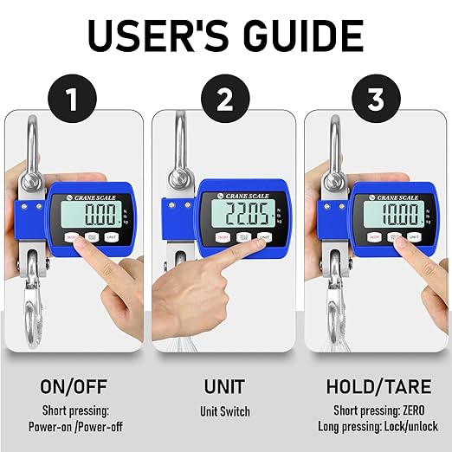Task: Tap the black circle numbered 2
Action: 225,101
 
